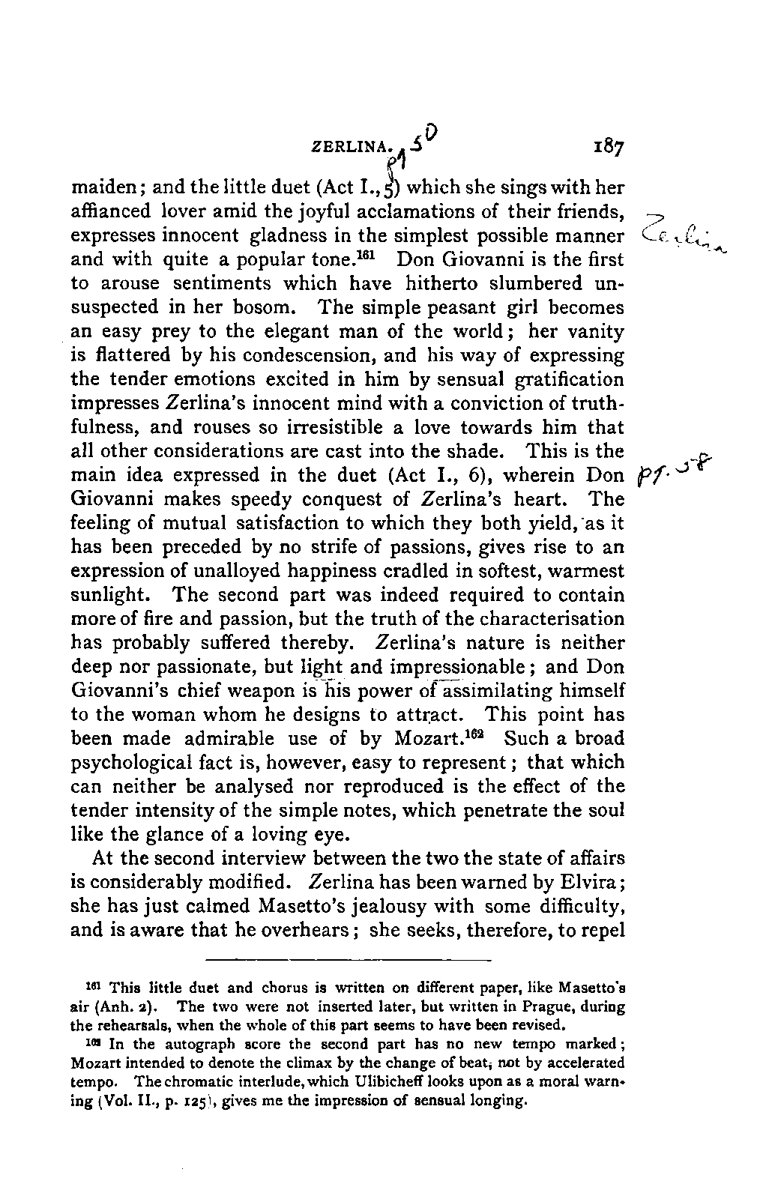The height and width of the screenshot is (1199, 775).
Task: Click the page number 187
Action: point(607,145)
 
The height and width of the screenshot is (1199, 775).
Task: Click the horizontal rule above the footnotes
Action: point(347,960)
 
